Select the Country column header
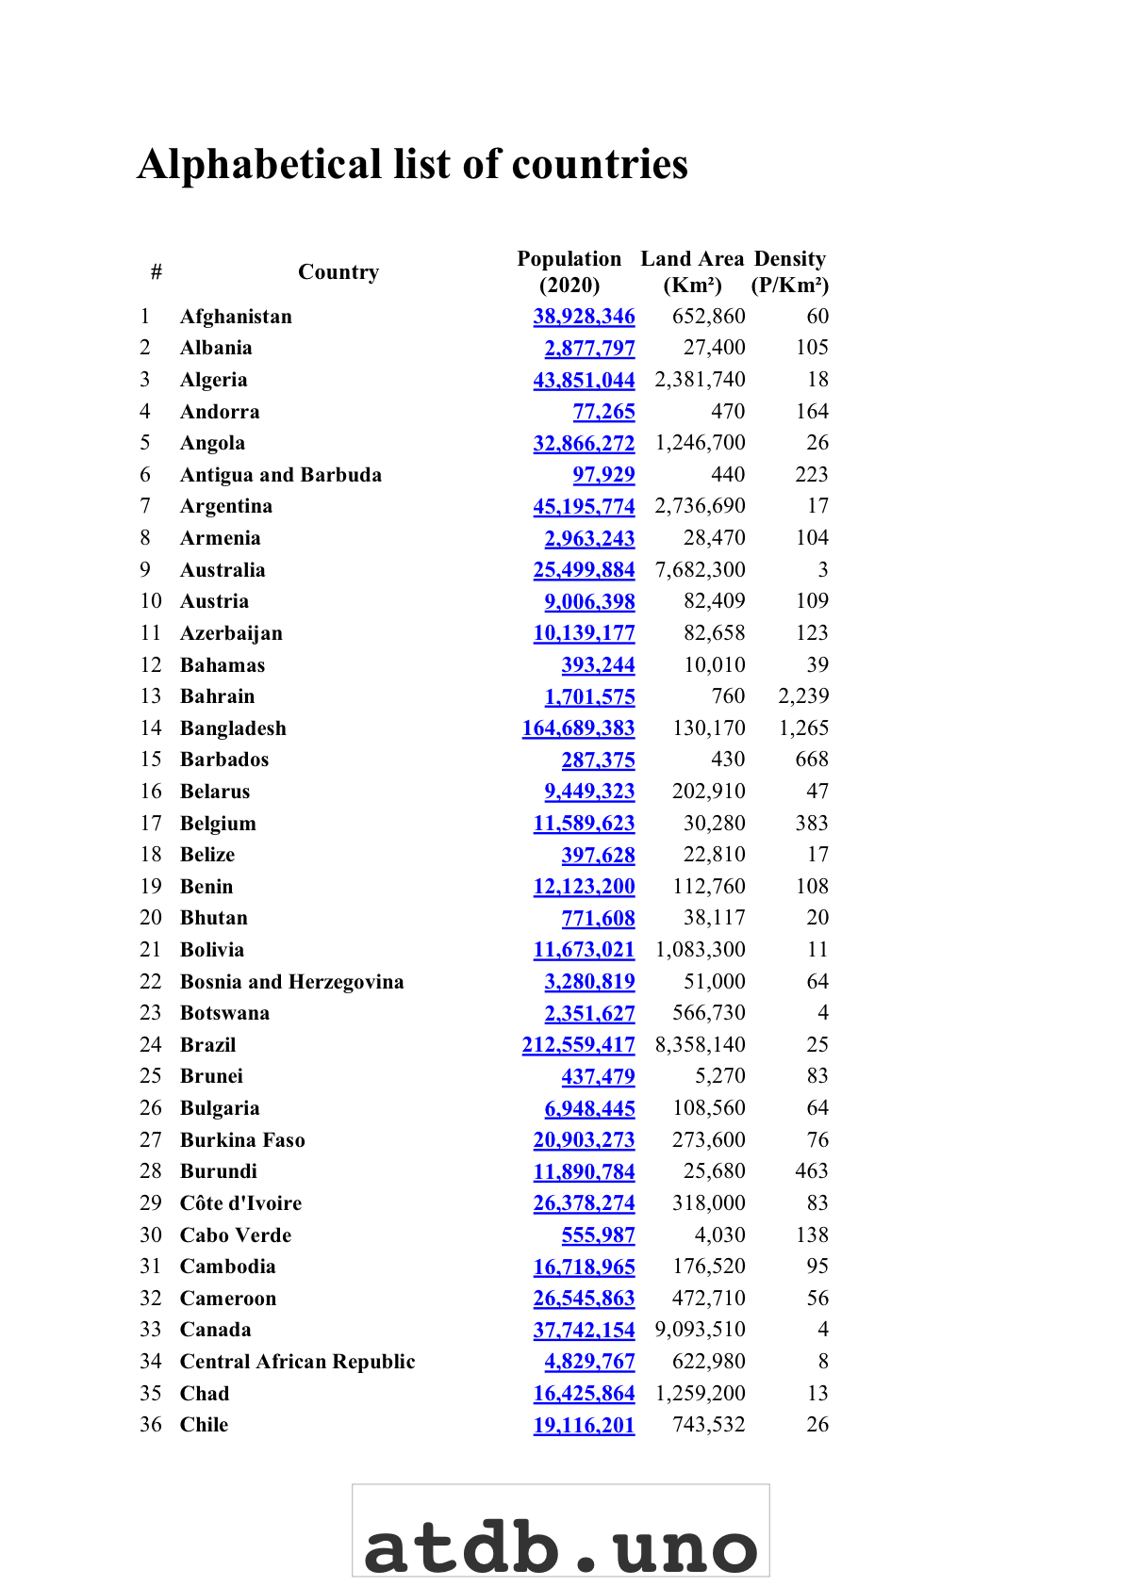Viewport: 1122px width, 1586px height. [338, 272]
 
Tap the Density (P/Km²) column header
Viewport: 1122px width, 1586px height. [790, 272]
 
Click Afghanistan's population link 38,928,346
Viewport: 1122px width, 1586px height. [584, 317]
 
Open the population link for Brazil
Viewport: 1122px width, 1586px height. [578, 1045]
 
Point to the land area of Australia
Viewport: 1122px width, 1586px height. [700, 570]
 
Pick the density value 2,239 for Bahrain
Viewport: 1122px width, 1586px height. [803, 696]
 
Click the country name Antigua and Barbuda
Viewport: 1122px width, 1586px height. [281, 475]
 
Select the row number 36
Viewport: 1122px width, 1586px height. [151, 1425]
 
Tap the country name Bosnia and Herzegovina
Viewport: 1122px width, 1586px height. [291, 982]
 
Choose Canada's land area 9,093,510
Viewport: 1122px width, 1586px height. [700, 1330]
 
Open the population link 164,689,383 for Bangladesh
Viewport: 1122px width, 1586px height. [578, 728]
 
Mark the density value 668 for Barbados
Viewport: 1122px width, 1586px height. [812, 760]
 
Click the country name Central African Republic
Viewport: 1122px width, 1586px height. [297, 1362]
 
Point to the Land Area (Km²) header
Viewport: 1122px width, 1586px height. [692, 272]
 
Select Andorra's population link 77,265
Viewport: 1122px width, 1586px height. [603, 412]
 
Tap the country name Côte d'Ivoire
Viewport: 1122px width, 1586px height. [240, 1203]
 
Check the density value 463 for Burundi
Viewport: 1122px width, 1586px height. [812, 1171]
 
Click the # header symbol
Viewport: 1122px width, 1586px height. [157, 272]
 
